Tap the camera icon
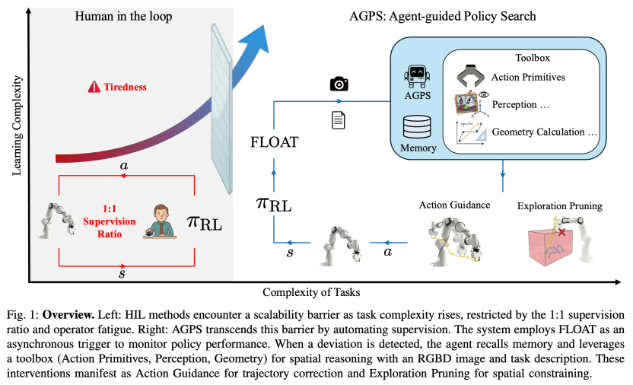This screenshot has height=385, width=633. click(338, 84)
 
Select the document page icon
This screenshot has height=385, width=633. click(339, 119)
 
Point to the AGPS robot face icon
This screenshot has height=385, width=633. click(418, 77)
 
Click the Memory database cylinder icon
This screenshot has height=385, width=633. click(418, 126)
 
